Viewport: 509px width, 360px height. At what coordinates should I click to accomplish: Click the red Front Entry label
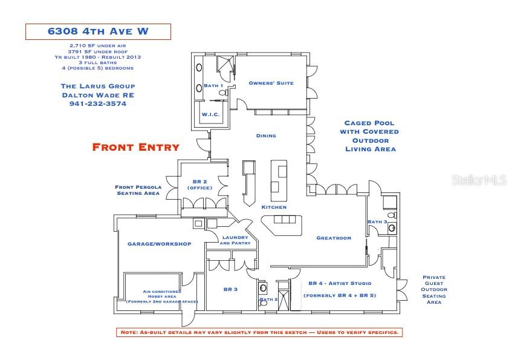[135, 146]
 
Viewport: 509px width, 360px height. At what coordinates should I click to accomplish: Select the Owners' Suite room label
[271, 83]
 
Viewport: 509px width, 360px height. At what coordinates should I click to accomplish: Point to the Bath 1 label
[213, 85]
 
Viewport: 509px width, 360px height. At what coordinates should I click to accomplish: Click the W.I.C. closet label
[210, 114]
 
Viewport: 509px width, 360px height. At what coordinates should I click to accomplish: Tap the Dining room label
[266, 136]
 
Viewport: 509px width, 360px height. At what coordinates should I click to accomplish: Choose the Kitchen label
[274, 207]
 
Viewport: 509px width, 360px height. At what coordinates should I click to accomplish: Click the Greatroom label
[334, 238]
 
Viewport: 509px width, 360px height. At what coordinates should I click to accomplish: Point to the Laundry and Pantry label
[235, 240]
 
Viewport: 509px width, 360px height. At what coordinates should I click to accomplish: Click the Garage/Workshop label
[159, 244]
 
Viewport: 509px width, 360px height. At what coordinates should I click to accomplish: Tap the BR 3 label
[231, 289]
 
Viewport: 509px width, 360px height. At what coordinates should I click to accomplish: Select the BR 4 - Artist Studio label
[340, 283]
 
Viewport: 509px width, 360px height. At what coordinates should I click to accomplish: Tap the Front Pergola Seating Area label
[137, 190]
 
